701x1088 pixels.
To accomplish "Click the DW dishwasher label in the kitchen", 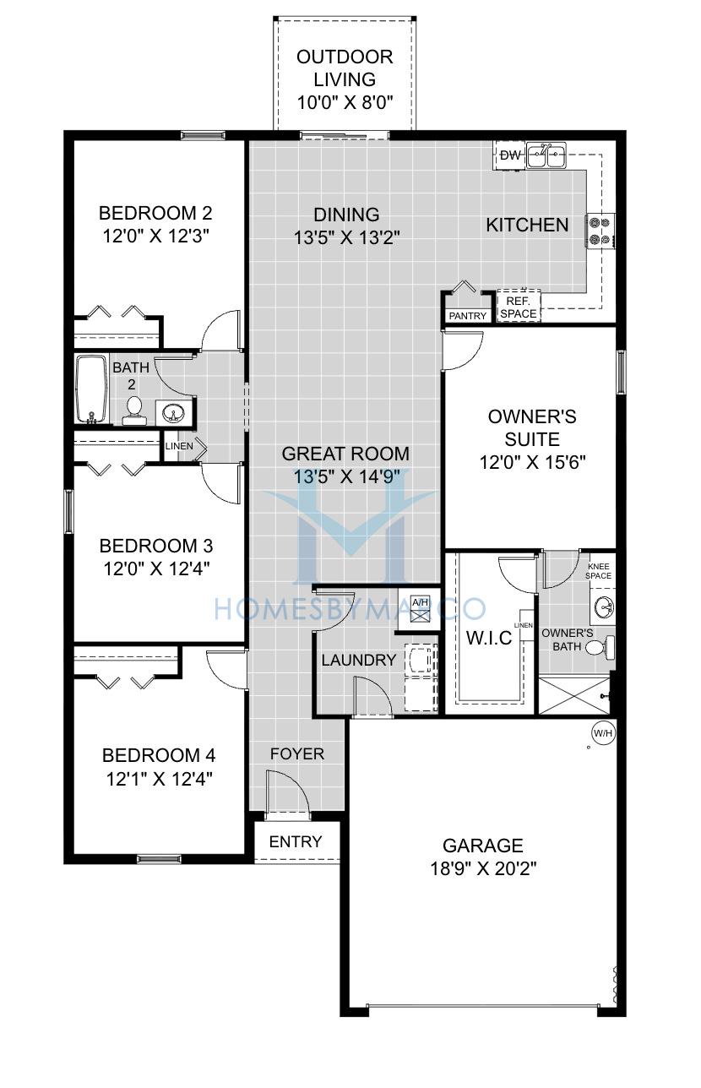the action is coord(510,155).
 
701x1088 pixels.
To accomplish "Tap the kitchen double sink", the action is coord(547,155).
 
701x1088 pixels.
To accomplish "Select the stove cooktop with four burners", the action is coord(600,231).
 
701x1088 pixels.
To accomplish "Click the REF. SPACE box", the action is coord(519,307).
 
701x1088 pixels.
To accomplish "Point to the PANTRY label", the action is coord(467,316).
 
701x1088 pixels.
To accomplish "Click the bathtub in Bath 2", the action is coord(91,389).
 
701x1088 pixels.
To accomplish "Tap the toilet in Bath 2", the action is coord(133,411).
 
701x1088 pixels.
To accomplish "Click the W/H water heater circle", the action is coord(602,733).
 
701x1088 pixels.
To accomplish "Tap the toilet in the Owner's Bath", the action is coord(600,647).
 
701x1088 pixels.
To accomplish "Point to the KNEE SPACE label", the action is coord(598,571).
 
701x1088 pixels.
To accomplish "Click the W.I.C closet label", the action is coord(489,638).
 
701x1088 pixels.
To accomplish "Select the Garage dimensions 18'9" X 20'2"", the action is coord(483,868).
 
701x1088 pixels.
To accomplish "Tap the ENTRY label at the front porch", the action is coord(296,841).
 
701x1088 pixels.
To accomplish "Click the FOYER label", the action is coord(296,753).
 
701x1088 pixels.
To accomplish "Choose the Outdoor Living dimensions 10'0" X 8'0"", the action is coord(345,102).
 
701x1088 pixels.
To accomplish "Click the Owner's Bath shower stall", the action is coord(574,695).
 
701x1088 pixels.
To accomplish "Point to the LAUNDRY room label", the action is coord(359,660).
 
